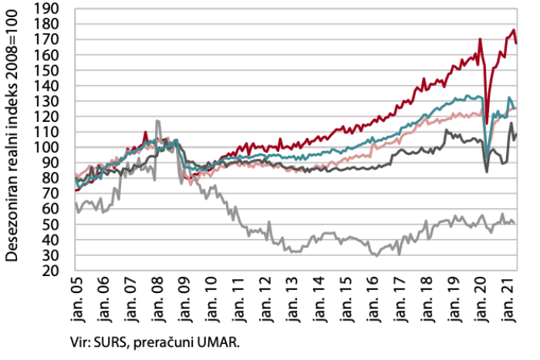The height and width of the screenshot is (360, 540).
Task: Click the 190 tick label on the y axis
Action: (x=48, y=9)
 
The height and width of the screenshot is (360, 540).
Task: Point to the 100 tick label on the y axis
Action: (x=48, y=147)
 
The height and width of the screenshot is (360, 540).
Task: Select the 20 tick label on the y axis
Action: (x=52, y=271)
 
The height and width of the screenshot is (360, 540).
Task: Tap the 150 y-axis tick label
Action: (x=48, y=70)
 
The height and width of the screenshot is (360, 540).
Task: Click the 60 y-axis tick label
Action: (x=52, y=209)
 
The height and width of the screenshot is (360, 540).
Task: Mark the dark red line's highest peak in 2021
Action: (x=514, y=30)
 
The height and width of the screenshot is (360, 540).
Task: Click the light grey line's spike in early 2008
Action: (x=157, y=121)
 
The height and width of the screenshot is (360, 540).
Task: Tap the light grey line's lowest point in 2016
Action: (x=376, y=255)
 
